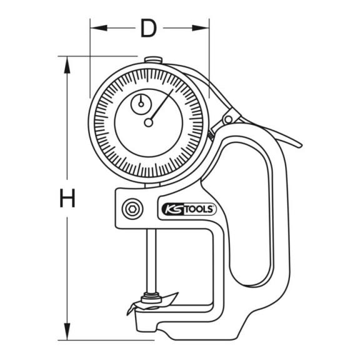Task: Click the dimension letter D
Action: [x=149, y=28]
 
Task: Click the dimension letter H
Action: [x=67, y=198]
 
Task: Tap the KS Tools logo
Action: [x=187, y=209]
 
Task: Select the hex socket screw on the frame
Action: [x=132, y=209]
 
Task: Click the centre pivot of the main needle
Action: [x=149, y=122]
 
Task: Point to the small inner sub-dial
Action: [x=141, y=104]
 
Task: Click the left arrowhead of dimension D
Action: [x=99, y=28]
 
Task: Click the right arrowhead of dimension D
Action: [x=201, y=28]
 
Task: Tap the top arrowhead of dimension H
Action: [x=67, y=65]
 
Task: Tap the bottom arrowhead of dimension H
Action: [x=67, y=331]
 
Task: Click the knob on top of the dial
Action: [x=153, y=60]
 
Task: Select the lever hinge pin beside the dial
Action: [x=228, y=119]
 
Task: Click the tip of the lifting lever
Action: [x=300, y=146]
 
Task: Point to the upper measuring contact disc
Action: [x=151, y=298]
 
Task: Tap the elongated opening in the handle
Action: [x=249, y=214]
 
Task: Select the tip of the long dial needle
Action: [x=173, y=89]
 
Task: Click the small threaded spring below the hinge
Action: [x=211, y=136]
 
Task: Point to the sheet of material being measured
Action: [x=152, y=304]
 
